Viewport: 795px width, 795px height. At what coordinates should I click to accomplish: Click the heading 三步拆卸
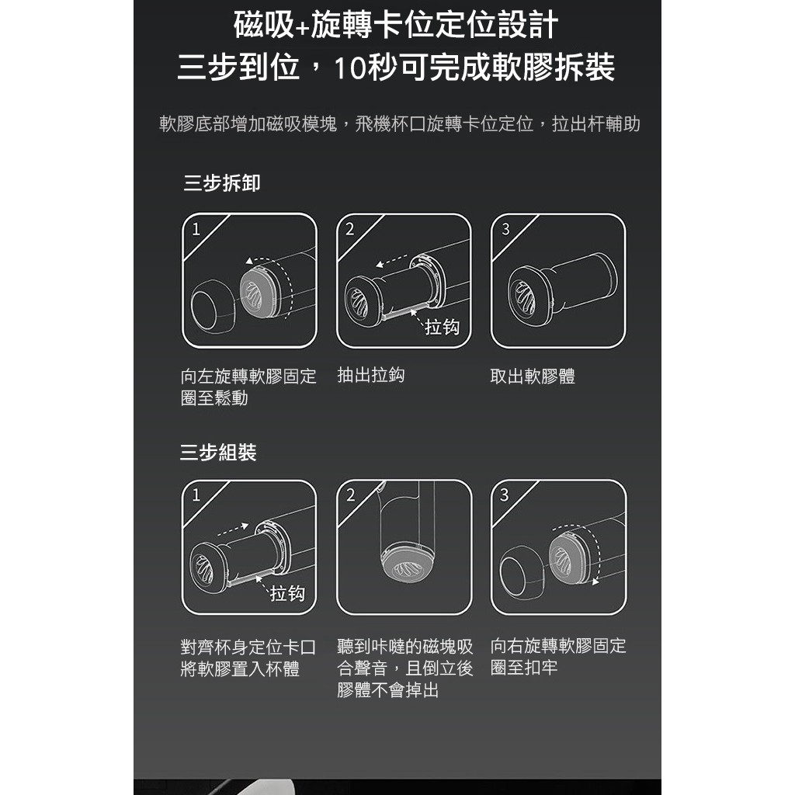pos(221,184)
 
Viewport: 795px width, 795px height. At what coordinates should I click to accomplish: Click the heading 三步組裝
pos(218,453)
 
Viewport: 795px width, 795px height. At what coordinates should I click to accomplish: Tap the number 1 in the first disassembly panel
pos(196,230)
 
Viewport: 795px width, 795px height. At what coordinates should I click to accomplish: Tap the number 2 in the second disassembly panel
pos(350,230)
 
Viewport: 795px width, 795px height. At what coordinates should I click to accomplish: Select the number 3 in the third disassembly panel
pos(505,230)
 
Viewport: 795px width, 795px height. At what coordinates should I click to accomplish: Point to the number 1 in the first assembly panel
pos(196,495)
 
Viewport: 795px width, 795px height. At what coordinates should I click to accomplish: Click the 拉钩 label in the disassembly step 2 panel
pos(442,328)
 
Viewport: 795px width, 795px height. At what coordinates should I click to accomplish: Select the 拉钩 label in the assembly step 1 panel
pos(287,594)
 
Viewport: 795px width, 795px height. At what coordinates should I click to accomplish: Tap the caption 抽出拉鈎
pos(371,376)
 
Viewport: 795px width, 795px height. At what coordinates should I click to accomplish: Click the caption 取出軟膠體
pos(533,377)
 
